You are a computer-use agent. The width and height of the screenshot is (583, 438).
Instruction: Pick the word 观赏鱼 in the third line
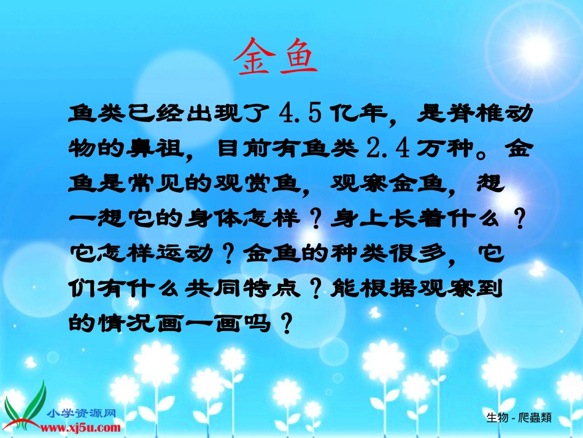(268, 184)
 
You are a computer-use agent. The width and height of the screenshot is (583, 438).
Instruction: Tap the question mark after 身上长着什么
(520, 218)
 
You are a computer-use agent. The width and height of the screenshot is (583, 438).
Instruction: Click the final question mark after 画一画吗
(284, 323)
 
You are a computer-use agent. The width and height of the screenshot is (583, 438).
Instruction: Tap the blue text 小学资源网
(80, 413)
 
